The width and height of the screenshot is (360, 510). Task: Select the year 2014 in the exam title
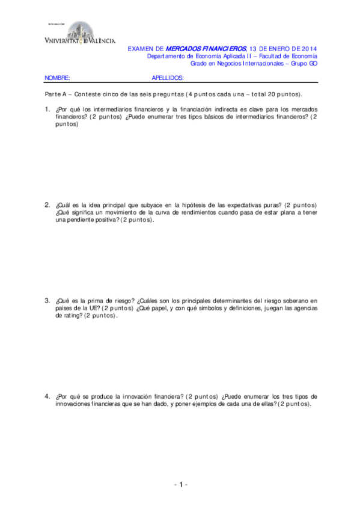306,48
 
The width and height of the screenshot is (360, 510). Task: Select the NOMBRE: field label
58,78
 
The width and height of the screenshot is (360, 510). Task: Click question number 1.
47,109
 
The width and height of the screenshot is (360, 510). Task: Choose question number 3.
47,300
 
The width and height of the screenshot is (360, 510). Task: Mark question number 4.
47,396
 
